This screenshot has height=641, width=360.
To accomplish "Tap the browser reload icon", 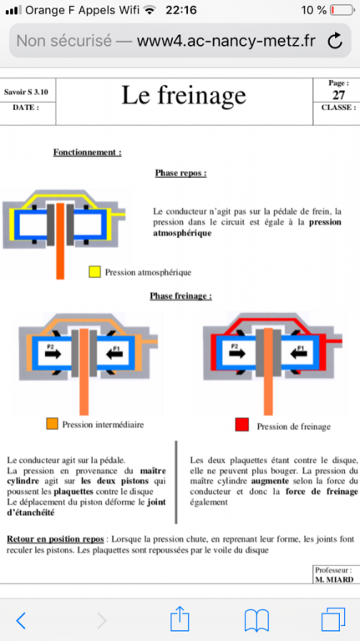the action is click(335, 40).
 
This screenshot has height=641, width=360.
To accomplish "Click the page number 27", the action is click(338, 95).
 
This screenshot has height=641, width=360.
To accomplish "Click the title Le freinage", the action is click(184, 96).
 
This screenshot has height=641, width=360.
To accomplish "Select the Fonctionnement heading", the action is click(87, 153).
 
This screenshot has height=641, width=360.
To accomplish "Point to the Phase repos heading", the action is click(180, 174).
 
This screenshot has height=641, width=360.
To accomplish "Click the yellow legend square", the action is click(95, 272).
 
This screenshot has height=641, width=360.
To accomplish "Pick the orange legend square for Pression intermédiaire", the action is click(52, 423).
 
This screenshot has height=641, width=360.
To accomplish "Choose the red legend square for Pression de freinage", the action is click(241, 425).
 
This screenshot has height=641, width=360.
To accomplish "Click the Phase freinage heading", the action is click(180, 296).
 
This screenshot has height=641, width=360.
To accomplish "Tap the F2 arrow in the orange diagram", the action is click(53, 354).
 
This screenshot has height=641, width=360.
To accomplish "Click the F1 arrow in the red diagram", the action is click(298, 354).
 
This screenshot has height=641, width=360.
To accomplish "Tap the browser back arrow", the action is click(21, 621).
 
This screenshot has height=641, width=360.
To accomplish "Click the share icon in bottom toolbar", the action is click(180, 619).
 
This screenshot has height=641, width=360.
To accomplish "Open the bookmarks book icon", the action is click(256, 621).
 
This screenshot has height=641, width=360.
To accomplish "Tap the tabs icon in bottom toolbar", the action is click(333, 620).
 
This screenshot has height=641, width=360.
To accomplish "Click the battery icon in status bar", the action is click(342, 10).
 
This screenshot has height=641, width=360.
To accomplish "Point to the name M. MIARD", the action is click(334, 580).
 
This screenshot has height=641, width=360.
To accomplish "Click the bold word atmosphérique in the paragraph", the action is click(182, 234).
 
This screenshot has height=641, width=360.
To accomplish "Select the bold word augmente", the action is click(271, 481).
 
